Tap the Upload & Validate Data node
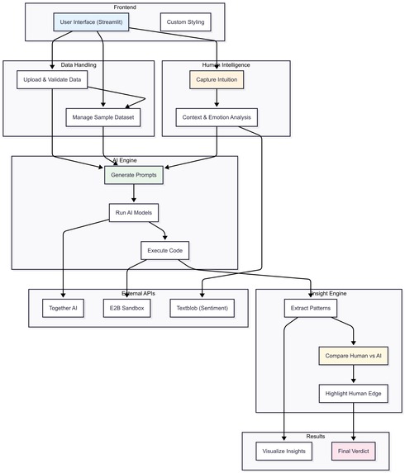(52, 80)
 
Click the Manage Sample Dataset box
(103, 117)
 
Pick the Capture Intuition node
(217, 80)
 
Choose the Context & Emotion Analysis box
(217, 117)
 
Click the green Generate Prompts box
(133, 175)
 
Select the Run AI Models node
(133, 213)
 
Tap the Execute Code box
(165, 250)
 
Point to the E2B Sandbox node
(126, 308)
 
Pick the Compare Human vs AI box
(354, 356)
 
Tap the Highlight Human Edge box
(354, 393)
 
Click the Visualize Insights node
(284, 451)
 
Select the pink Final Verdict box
(354, 451)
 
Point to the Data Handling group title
(79, 64)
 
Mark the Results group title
(315, 436)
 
